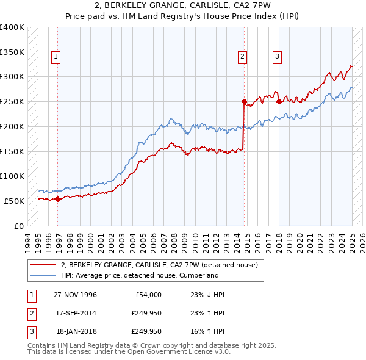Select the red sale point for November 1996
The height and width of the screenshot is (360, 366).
coord(58,199)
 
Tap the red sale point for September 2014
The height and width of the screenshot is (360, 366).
coord(244,102)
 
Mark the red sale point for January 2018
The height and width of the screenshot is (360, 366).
coord(279,102)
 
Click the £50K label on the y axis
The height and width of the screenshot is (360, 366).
coord(15,201)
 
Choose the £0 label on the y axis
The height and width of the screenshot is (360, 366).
coord(18,226)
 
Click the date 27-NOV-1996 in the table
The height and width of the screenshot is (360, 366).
coord(75,295)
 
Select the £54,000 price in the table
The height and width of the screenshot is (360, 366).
coord(146,295)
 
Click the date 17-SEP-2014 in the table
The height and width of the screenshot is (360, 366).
coord(75,313)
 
